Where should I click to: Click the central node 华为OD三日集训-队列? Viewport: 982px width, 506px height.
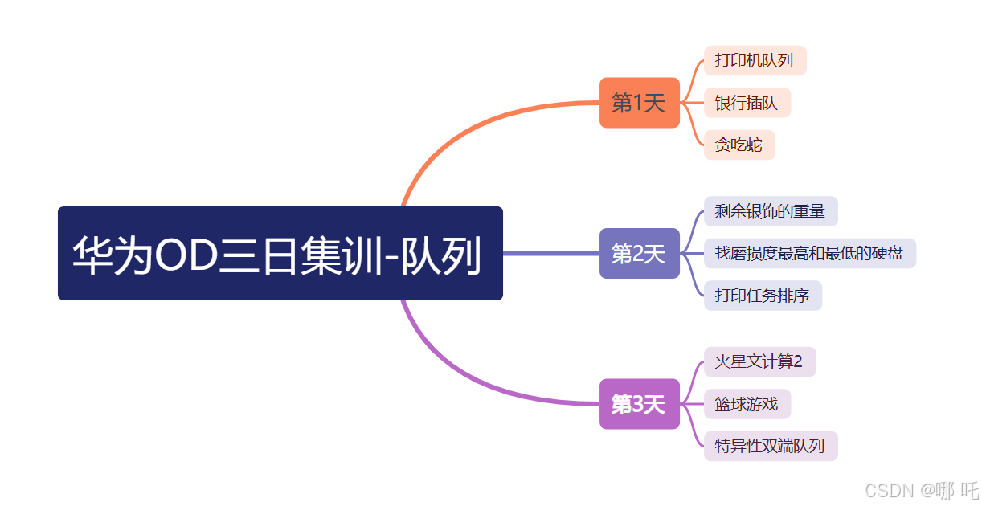(280, 253)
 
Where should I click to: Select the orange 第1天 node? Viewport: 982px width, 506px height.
(639, 103)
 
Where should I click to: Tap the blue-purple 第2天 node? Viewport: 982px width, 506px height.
(639, 253)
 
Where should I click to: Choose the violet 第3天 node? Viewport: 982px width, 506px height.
(639, 404)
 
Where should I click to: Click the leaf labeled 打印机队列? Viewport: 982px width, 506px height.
(754, 61)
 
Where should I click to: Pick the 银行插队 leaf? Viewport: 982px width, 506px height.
(747, 103)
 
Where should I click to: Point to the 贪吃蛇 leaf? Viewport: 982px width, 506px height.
(739, 145)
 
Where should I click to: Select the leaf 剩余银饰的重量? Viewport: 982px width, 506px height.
(770, 211)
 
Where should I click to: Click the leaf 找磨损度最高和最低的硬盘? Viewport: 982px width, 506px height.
(809, 253)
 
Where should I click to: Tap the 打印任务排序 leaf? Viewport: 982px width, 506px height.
(762, 296)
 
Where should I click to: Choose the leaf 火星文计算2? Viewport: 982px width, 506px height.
(759, 361)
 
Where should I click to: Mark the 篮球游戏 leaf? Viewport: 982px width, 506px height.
(747, 403)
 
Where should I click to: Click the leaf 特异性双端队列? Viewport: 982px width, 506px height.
(770, 446)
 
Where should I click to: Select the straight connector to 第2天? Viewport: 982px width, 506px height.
(550, 253)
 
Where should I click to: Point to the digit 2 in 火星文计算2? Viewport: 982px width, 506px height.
(797, 361)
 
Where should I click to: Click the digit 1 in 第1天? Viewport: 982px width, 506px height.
(638, 103)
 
